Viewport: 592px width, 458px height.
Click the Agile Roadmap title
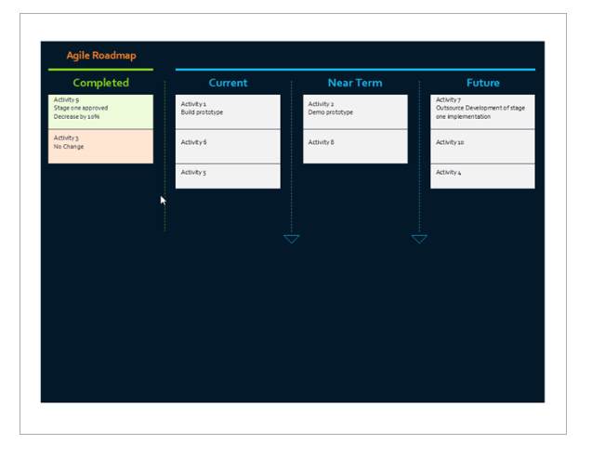(x=101, y=56)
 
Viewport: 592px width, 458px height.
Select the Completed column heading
(x=100, y=83)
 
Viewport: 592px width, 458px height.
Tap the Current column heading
(x=228, y=83)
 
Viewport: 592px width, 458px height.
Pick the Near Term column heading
(x=355, y=83)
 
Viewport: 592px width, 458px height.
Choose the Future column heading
(x=483, y=83)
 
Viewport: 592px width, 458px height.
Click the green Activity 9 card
(x=100, y=111)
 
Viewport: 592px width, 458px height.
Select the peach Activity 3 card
(x=100, y=147)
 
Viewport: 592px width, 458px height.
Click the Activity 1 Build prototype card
(x=228, y=111)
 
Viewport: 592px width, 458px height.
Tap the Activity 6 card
(x=228, y=147)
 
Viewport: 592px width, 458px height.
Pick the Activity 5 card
(x=228, y=177)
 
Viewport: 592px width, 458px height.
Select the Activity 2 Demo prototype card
(x=355, y=111)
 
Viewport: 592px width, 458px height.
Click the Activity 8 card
(x=355, y=147)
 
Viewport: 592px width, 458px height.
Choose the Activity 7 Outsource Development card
(x=482, y=111)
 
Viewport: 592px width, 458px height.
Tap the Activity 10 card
(x=482, y=147)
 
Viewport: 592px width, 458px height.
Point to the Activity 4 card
(x=482, y=177)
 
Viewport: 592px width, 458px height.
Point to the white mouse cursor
(x=163, y=201)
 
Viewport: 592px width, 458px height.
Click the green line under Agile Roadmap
(x=100, y=70)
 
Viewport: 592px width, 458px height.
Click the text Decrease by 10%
(x=76, y=116)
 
